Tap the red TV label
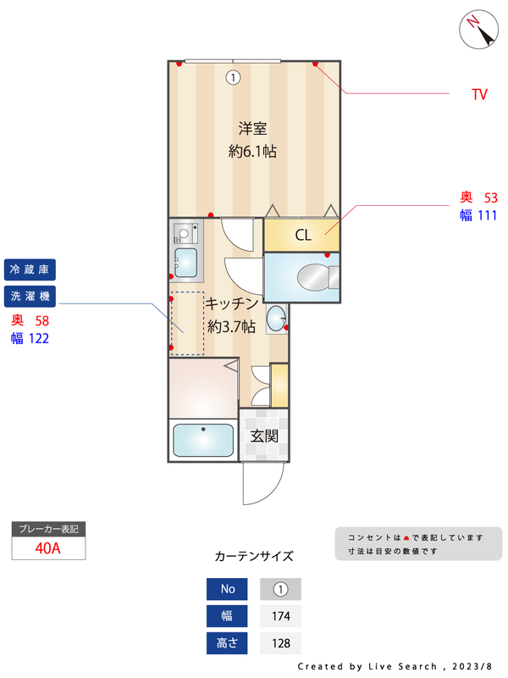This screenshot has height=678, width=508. click(479, 95)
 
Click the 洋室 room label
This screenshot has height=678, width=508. click(252, 129)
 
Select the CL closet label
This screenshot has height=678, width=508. click(302, 236)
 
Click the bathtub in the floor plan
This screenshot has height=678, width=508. click(203, 441)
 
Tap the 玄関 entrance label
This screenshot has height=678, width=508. click(264, 436)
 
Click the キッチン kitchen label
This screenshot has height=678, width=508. click(231, 303)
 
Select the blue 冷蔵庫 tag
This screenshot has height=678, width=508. click(30, 270)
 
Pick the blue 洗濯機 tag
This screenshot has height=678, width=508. click(30, 296)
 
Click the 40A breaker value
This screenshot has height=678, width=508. click(48, 547)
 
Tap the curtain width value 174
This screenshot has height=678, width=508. click(281, 616)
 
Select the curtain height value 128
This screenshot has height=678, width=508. click(281, 643)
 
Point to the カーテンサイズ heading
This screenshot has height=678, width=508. click(254, 557)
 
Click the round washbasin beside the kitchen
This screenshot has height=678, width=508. click(276, 319)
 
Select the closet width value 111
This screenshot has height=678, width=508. click(486, 215)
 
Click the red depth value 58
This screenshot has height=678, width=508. click(41, 320)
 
